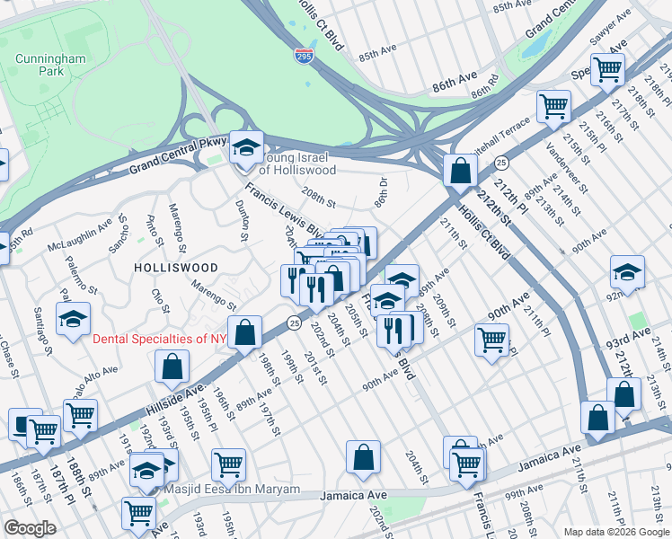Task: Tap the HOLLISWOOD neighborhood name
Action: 175,268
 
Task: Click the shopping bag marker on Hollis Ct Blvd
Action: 460,171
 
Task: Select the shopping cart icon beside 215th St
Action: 553,107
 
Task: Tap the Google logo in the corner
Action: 30,528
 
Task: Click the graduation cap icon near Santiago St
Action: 74,318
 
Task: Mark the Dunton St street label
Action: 241,221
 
